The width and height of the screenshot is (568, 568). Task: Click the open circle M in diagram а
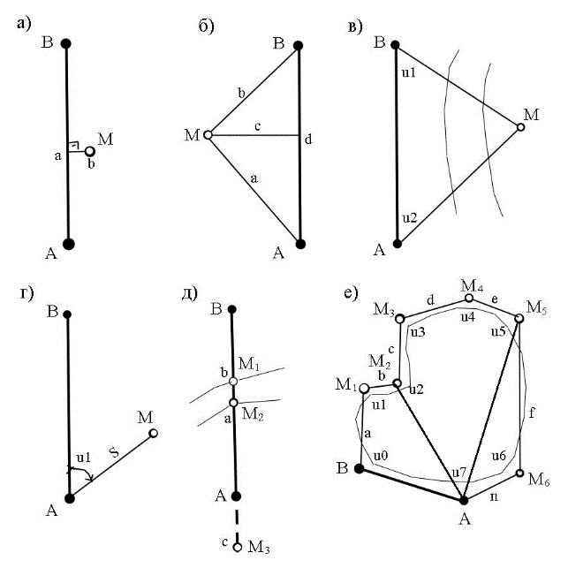90,151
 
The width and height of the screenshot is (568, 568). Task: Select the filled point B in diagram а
66,43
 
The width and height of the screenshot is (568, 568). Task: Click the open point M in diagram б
208,135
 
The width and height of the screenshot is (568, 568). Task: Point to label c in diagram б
255,126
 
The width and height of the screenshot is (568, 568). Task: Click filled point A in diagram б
300,244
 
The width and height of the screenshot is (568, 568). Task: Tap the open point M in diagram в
521,127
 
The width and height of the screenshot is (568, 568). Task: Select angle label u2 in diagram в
409,216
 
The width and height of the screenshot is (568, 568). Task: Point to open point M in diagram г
154,433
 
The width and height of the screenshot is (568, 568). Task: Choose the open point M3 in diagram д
237,548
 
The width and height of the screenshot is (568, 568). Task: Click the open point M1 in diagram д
233,382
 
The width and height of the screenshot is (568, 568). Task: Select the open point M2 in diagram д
233,403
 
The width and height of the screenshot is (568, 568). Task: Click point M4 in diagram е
468,299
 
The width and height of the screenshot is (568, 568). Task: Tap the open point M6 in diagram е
520,473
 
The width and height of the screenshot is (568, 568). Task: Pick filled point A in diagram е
463,500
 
